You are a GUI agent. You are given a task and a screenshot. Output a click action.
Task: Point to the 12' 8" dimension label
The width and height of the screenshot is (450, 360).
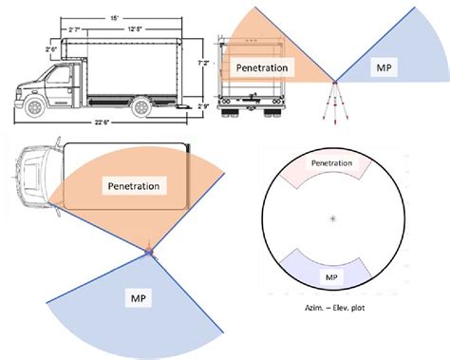(x=138, y=32)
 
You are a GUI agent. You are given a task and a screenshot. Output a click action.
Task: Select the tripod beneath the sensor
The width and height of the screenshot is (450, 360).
(x=332, y=103)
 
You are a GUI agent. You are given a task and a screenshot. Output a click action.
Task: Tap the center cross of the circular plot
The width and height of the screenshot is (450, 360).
(x=331, y=219)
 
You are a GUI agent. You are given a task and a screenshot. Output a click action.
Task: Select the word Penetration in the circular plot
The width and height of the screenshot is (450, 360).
(x=331, y=164)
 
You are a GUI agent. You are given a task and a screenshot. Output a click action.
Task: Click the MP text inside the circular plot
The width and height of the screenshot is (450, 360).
(x=331, y=276)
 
